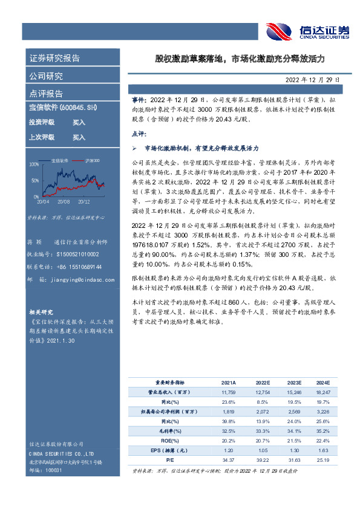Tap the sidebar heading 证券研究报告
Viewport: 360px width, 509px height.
(55, 59)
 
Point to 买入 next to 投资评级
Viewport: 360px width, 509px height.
(79, 122)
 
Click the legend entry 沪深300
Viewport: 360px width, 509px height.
(93, 161)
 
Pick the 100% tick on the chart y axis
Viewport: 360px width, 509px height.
(34, 164)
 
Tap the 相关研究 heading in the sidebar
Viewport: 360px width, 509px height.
(41, 312)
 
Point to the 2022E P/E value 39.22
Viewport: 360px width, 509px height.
(261, 459)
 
